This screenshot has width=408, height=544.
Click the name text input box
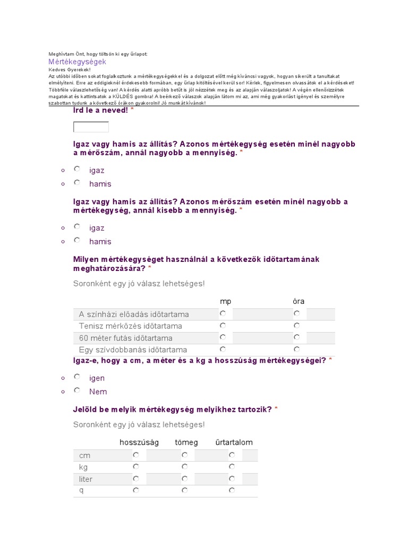click(91, 127)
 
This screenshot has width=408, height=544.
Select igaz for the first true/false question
click(77, 169)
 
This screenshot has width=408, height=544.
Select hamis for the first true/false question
click(77, 183)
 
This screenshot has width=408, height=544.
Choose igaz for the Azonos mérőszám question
click(77, 227)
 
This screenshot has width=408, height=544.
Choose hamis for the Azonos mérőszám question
click(77, 240)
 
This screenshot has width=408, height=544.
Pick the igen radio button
click(77, 377)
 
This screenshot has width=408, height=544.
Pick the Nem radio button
click(77, 390)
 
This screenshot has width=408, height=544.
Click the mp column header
click(226, 301)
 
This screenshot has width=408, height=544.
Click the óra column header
click(299, 301)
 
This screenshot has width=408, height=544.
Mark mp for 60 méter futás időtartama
click(223, 337)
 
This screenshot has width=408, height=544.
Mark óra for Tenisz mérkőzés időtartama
click(296, 326)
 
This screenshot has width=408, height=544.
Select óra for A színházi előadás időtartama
click(296, 313)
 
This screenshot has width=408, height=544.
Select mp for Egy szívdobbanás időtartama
click(223, 350)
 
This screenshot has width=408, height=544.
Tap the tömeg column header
click(186, 442)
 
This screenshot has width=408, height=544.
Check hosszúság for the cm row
click(136, 455)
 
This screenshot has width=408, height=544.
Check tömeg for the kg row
click(184, 466)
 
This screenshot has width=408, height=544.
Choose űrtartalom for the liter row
click(232, 479)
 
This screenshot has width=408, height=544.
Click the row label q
click(82, 490)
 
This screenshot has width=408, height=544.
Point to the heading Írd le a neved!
click(100, 110)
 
